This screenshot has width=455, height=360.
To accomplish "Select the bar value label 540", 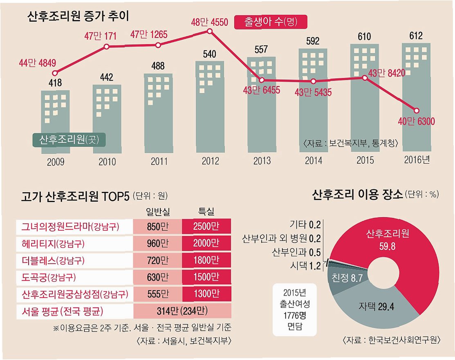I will [209, 54].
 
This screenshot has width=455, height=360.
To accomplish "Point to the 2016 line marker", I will [417, 110].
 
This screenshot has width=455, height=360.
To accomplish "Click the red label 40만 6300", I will [417, 122].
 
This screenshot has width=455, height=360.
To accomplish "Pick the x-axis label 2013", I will [262, 160].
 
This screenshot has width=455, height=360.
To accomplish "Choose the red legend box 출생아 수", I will [270, 22].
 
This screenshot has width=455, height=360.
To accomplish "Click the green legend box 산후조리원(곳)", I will [69, 140].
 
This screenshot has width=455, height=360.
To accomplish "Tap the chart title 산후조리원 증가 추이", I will [78, 16].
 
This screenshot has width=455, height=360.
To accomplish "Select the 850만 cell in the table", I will [158, 227].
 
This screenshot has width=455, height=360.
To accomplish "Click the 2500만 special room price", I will [206, 227].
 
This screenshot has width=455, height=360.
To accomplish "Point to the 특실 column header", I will [206, 211].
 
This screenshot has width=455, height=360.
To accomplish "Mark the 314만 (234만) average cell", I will [182, 311].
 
